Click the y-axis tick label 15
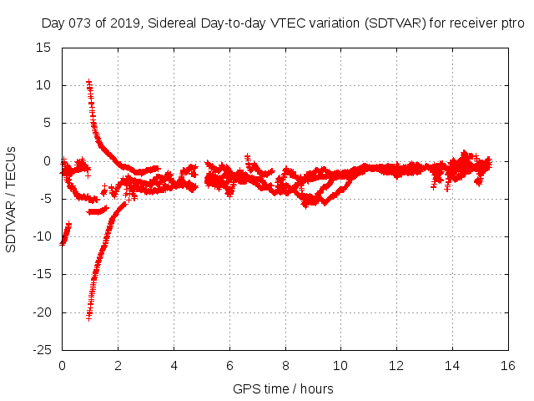pyautogui.click(x=43, y=48)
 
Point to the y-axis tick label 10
pyautogui.click(x=43, y=85)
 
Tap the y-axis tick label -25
pyautogui.click(x=40, y=350)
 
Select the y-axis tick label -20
pyautogui.click(x=40, y=312)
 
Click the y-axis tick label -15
pyautogui.click(x=40, y=275)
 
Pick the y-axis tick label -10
pyautogui.click(x=40, y=236)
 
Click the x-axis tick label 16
pyautogui.click(x=508, y=365)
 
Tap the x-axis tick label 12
pyautogui.click(x=396, y=365)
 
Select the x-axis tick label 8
pyautogui.click(x=285, y=365)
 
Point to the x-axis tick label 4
pyautogui.click(x=174, y=365)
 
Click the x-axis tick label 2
pyautogui.click(x=118, y=365)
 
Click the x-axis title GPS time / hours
pyautogui.click(x=284, y=388)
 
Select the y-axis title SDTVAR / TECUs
pyautogui.click(x=11, y=199)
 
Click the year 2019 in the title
pyautogui.click(x=125, y=23)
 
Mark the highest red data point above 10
pyautogui.click(x=89, y=82)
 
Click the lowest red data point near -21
pyautogui.click(x=88, y=317)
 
